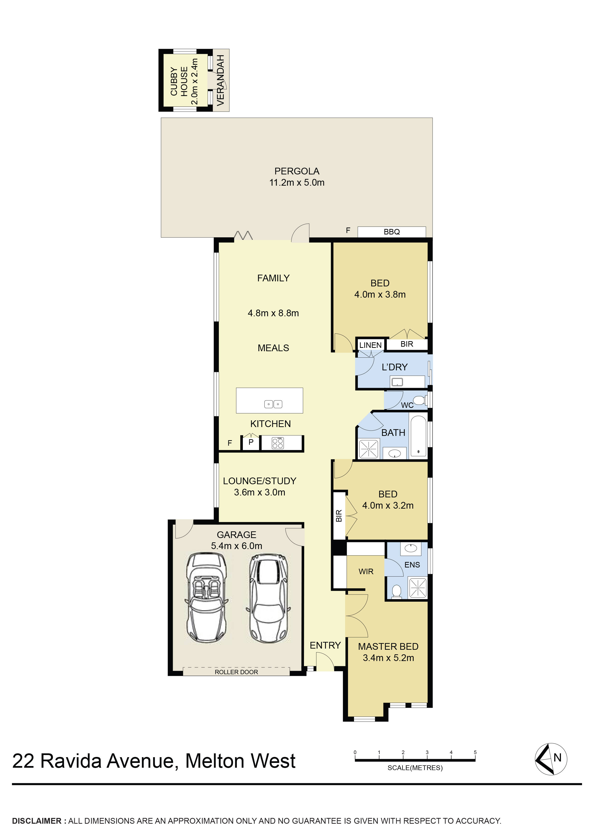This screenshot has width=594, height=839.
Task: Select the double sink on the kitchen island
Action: [273, 404]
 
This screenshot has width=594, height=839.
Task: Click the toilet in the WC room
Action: [420, 400]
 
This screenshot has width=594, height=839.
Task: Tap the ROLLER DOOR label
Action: [236, 672]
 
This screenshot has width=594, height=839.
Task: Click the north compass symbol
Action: [551, 759]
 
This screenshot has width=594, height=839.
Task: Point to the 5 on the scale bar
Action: [475, 752]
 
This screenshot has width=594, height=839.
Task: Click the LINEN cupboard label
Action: [371, 345]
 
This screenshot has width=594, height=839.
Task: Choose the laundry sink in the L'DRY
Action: [397, 383]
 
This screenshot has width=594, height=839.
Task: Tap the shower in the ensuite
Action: [418, 588]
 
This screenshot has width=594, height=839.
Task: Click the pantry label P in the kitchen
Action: [251, 442]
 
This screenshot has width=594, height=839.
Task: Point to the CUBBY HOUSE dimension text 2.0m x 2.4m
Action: [194, 81]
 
